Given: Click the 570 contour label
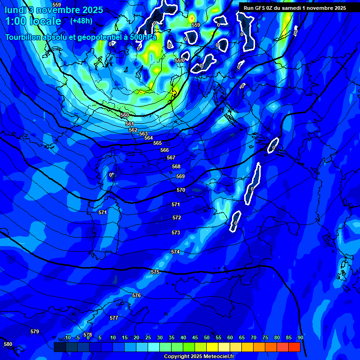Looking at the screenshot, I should (181, 190).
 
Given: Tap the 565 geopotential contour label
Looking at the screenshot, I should (157, 143).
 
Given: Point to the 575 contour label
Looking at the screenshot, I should (155, 272).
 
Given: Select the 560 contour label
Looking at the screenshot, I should (125, 115).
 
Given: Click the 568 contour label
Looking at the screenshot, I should (176, 166).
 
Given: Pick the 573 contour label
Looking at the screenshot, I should (175, 232).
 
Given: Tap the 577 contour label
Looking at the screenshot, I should (114, 318).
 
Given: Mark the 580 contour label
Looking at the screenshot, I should (8, 344).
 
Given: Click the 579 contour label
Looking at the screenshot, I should (35, 331).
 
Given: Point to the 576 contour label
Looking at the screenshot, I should (136, 295).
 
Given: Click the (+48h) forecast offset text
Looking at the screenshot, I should (81, 21).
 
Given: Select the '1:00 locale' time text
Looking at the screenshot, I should (33, 21).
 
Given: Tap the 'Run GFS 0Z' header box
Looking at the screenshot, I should (294, 7).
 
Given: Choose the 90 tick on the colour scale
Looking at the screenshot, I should (300, 338).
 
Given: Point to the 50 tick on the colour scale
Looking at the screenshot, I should (206, 338).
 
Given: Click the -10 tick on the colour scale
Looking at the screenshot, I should (67, 338).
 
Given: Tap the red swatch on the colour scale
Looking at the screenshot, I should (294, 347).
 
